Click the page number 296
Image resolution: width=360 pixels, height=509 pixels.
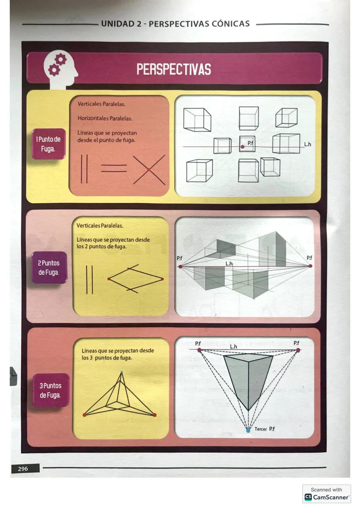[x=23, y=469]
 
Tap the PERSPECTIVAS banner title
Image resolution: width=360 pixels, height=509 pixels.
[x=174, y=70]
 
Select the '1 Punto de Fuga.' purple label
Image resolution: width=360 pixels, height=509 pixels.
[x=48, y=144]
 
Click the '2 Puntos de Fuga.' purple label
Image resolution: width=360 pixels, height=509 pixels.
[x=49, y=267]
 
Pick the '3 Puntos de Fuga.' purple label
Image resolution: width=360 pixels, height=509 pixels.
[x=50, y=390]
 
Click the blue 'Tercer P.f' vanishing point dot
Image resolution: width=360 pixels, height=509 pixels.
[x=248, y=430]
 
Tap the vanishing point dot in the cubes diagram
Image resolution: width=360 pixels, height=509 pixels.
[x=242, y=147]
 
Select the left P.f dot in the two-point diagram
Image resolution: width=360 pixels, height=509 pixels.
[x=180, y=266]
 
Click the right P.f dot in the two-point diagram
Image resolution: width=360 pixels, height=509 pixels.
[x=310, y=266]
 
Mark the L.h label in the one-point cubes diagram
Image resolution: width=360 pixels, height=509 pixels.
[x=307, y=144]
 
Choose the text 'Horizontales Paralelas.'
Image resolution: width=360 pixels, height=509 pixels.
[x=105, y=118]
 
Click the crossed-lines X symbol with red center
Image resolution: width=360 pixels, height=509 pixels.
[x=149, y=170]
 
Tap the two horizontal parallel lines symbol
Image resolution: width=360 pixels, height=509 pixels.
[x=114, y=168]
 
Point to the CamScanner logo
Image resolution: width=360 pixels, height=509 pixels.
[x=308, y=497]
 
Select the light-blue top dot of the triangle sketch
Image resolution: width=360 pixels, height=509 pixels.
[x=121, y=372]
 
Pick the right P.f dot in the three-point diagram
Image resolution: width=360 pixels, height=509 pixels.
[x=298, y=350]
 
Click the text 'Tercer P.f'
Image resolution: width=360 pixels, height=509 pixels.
[x=265, y=429]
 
